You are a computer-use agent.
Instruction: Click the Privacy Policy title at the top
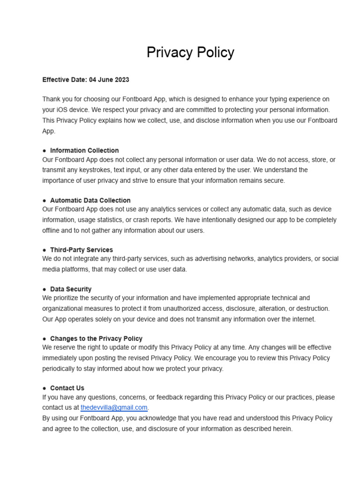(190, 52)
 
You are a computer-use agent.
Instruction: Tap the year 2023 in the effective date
(120, 80)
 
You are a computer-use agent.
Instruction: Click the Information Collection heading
(84, 150)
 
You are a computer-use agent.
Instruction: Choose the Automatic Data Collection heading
(90, 200)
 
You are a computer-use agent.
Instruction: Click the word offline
(52, 231)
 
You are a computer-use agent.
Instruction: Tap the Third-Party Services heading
(82, 250)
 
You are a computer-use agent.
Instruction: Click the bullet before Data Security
(45, 289)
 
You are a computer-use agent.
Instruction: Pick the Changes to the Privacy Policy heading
(96, 338)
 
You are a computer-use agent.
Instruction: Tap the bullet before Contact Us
(45, 388)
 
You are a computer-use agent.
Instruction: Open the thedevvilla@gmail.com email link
(114, 408)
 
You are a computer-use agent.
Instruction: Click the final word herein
(281, 429)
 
